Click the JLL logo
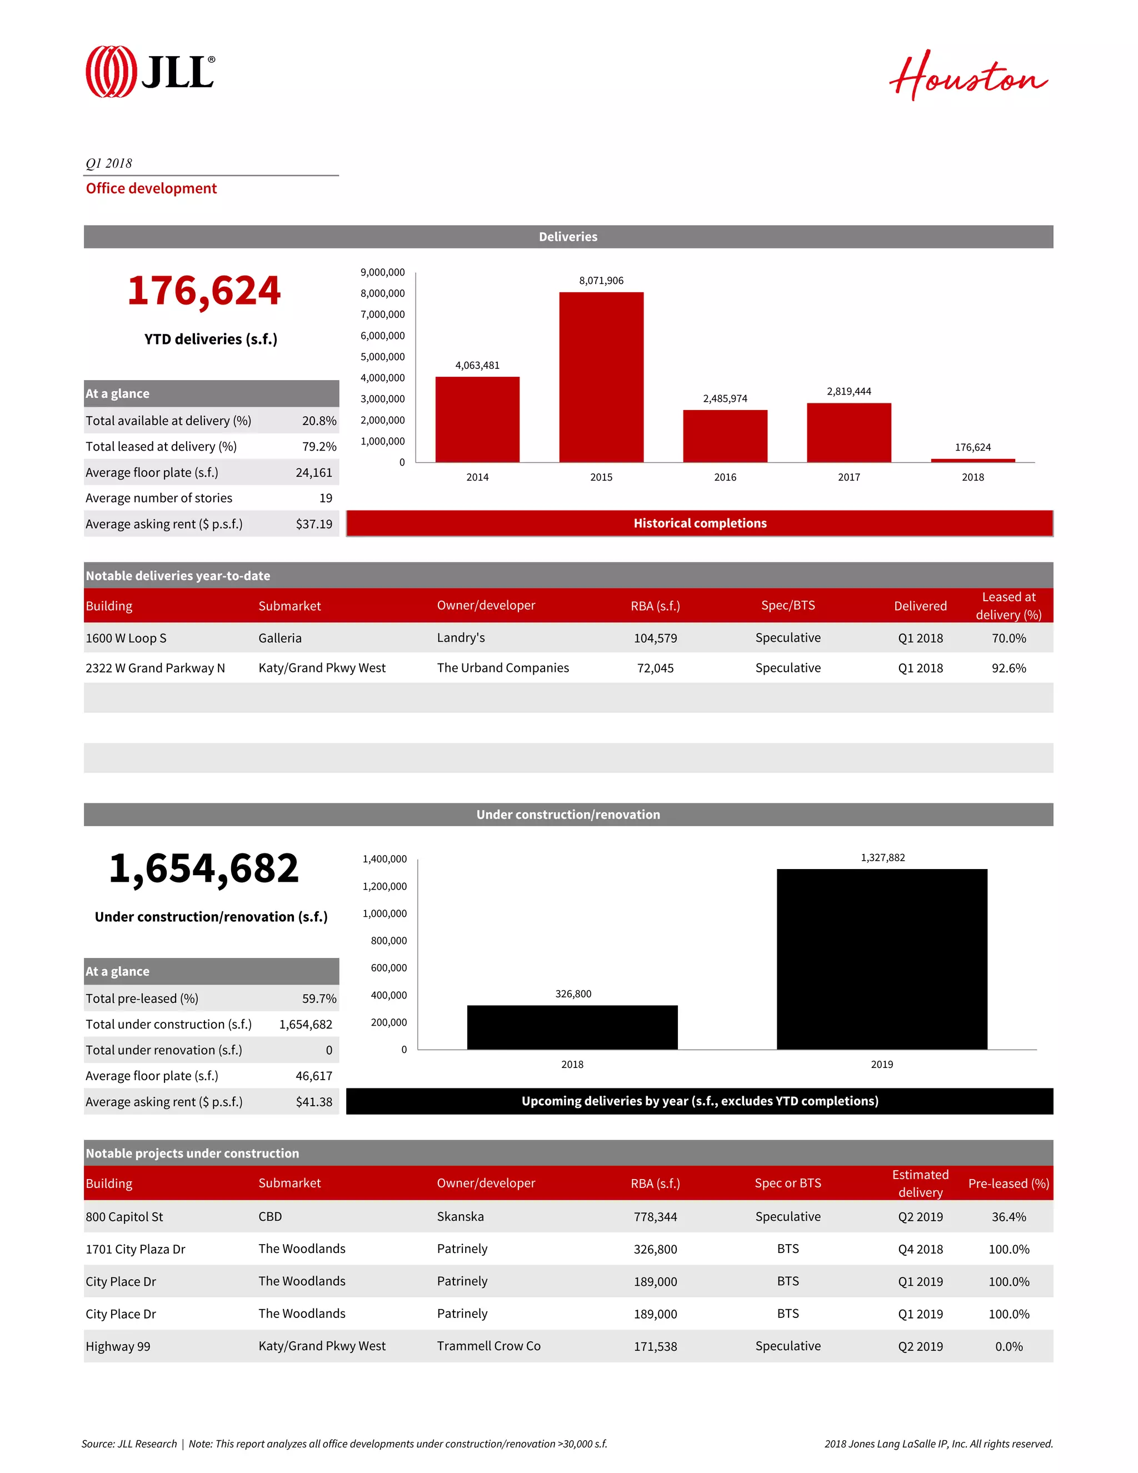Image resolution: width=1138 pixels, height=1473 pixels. (x=150, y=72)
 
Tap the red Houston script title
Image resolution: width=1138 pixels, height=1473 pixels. (x=967, y=76)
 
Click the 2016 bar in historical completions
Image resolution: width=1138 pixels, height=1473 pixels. (x=725, y=436)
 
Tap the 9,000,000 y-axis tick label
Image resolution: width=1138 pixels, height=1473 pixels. (x=382, y=272)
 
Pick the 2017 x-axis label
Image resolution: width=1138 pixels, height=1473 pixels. (x=848, y=477)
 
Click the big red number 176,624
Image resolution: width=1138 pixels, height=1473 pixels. (x=204, y=291)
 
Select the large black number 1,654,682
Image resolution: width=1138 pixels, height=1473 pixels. (x=204, y=868)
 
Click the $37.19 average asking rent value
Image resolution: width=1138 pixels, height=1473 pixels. (x=314, y=524)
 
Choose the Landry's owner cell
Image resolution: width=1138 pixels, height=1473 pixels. (x=461, y=638)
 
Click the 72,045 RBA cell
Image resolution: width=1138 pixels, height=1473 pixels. (x=655, y=668)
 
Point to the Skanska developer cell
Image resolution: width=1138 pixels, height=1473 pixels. (x=460, y=1217)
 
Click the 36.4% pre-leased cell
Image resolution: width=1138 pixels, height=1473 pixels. (x=1009, y=1217)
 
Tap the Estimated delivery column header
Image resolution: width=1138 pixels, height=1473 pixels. (x=920, y=1184)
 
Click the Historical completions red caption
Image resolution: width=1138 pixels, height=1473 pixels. (x=700, y=523)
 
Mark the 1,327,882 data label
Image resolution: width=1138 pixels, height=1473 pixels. (x=882, y=858)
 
